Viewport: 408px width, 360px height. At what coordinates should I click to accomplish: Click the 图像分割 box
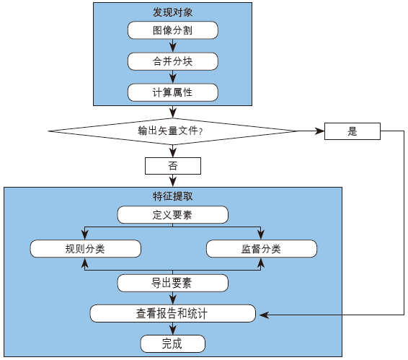coord(173,30)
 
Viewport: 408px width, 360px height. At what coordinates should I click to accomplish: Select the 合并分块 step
coord(173,61)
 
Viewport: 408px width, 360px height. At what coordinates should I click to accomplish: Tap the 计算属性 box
coord(173,92)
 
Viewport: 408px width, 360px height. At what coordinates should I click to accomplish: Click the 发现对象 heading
coord(173,12)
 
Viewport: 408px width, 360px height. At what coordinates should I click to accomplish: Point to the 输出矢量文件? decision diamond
coord(173,131)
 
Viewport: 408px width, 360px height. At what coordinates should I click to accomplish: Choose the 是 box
coord(352,131)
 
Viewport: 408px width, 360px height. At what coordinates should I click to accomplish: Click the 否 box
coord(173,166)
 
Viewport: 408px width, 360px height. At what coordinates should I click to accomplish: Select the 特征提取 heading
coord(173,196)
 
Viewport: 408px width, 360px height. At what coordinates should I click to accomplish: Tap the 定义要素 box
coord(173,215)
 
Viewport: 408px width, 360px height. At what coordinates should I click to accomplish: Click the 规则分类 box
coord(86,249)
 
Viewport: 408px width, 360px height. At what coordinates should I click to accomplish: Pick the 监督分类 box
coord(262,249)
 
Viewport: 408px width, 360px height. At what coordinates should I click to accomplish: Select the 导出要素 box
coord(173,283)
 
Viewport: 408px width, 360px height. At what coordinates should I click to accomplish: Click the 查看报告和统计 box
coord(173,313)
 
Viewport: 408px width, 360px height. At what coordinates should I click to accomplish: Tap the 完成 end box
coord(173,343)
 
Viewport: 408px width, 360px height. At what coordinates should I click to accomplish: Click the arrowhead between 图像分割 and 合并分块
coord(173,48)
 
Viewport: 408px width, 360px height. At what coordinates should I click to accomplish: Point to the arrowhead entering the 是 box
coord(319,131)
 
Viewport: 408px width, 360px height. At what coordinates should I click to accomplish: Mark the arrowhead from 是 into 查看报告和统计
coord(264,315)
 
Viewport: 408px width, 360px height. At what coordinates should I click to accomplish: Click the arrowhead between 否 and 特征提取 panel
coord(173,182)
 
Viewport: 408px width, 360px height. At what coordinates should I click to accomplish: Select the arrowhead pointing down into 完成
coord(173,330)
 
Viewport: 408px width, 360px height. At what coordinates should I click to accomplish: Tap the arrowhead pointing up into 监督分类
coord(261,263)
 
